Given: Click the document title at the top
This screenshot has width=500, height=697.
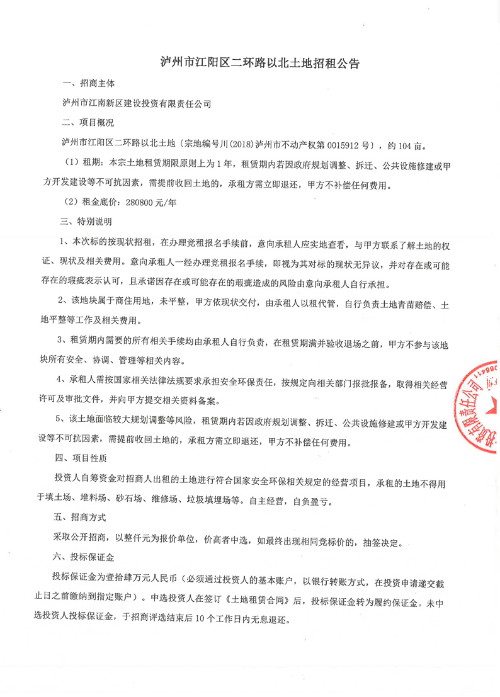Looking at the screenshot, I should coord(250,64).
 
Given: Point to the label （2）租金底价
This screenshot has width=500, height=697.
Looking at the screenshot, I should coord(92,203).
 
